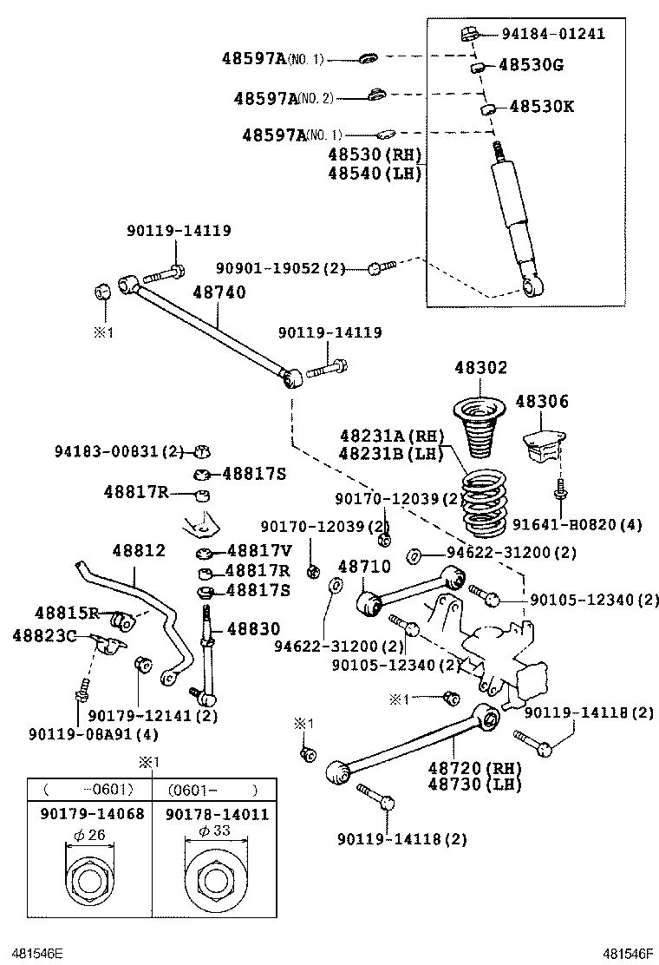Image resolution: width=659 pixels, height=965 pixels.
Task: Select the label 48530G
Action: pyautogui.click(x=531, y=66)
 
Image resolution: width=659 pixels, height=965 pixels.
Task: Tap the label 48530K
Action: pyautogui.click(x=541, y=107)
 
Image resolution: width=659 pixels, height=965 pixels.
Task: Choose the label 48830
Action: pyautogui.click(x=253, y=629)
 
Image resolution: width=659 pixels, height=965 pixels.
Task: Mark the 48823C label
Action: pyautogui.click(x=44, y=636)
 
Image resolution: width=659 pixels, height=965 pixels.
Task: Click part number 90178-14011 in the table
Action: pyautogui.click(x=217, y=814)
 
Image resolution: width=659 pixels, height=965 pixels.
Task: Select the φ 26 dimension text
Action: pyautogui.click(x=90, y=834)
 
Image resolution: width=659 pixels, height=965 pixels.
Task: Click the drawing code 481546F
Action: pyautogui.click(x=629, y=953)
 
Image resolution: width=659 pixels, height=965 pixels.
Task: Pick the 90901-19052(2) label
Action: pyautogui.click(x=280, y=269)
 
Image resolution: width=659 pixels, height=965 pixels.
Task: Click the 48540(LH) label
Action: pyautogui.click(x=375, y=173)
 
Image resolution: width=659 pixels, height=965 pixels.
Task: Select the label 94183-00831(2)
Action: pyautogui.click(x=120, y=451)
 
